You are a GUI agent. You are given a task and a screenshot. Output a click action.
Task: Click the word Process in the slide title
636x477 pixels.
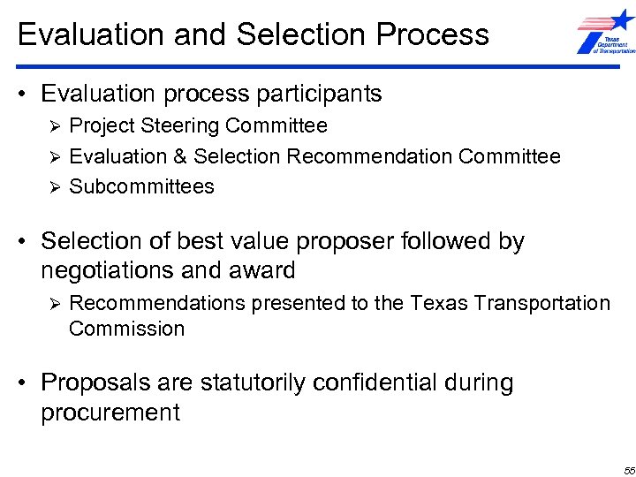click(x=432, y=34)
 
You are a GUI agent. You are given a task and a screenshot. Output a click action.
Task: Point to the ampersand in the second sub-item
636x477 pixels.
click(x=180, y=157)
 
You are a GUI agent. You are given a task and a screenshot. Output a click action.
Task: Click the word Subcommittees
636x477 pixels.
click(x=141, y=186)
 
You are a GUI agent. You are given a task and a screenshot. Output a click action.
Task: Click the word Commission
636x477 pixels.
click(x=126, y=329)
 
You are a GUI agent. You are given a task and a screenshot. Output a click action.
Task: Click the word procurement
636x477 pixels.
click(x=110, y=412)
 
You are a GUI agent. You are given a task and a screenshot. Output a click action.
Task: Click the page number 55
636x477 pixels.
click(x=626, y=467)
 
